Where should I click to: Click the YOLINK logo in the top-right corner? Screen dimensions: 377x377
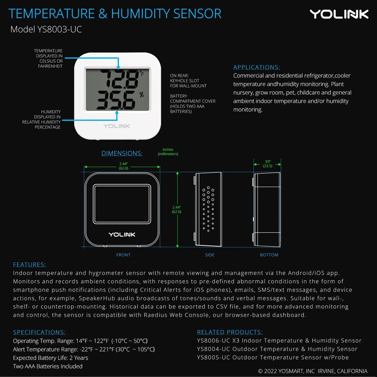pyautogui.click(x=339, y=14)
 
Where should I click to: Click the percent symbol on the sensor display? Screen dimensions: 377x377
pyautogui.click(x=141, y=95)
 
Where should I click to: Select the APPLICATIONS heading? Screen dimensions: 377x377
pyautogui.click(x=256, y=67)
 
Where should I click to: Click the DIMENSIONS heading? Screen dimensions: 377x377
pyautogui.click(x=122, y=153)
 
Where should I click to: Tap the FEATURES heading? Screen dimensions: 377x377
pyautogui.click(x=29, y=265)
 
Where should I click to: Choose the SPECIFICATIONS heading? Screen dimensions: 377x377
pyautogui.click(x=39, y=332)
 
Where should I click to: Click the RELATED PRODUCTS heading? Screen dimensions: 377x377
pyautogui.click(x=230, y=332)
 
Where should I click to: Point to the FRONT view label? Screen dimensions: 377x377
pyautogui.click(x=123, y=255)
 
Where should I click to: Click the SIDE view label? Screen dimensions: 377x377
pyautogui.click(x=210, y=255)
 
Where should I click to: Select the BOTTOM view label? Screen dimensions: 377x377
pyautogui.click(x=269, y=255)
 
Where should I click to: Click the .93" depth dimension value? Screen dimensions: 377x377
pyautogui.click(x=268, y=162)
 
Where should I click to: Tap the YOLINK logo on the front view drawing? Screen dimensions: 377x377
pyautogui.click(x=122, y=234)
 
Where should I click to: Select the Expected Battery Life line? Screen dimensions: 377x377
pyautogui.click(x=51, y=358)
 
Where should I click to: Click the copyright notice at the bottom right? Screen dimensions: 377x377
pyautogui.click(x=313, y=371)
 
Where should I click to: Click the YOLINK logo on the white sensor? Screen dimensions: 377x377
pyautogui.click(x=117, y=126)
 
